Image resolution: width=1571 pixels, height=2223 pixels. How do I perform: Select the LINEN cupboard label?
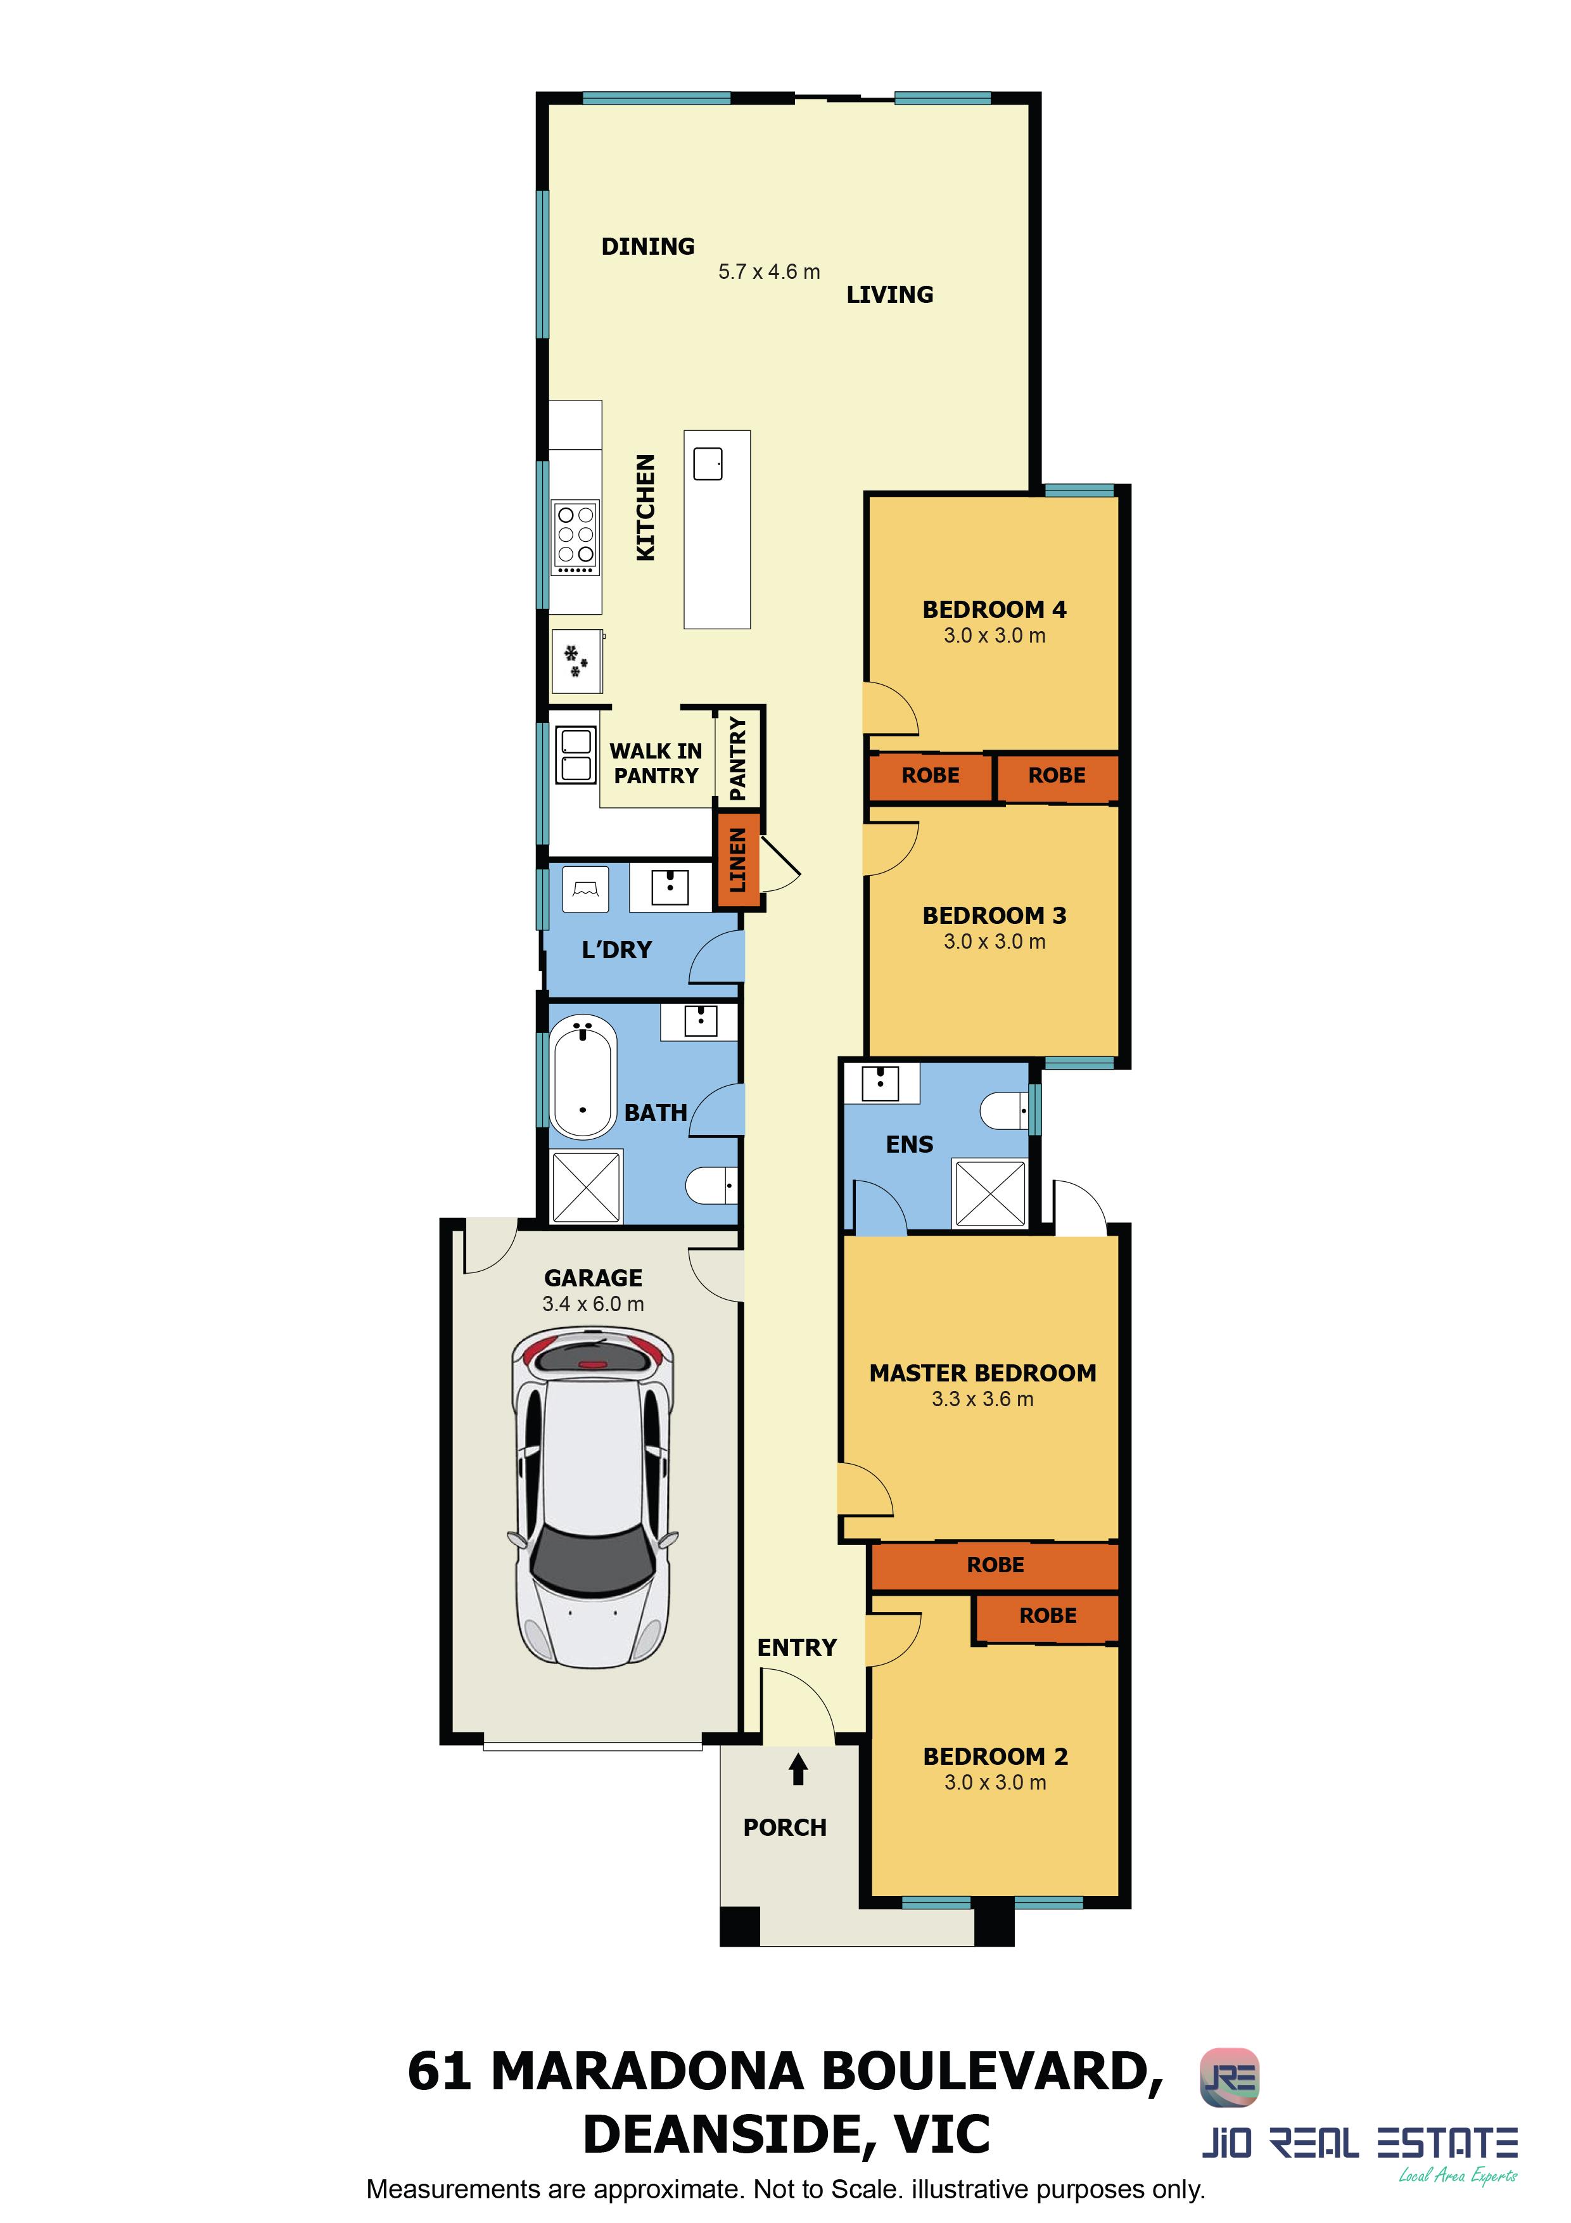(737, 860)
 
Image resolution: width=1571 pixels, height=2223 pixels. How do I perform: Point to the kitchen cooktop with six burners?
(576, 537)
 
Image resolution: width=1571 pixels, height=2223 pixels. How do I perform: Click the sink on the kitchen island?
(708, 464)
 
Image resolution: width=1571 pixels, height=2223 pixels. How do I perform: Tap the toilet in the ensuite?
(1005, 1110)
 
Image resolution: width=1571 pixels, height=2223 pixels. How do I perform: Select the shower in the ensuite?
(989, 1193)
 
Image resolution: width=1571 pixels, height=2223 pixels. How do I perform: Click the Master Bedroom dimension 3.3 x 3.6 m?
(983, 1399)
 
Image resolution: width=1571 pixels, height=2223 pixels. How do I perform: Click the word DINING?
(647, 247)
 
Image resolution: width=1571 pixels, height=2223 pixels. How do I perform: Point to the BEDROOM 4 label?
(994, 610)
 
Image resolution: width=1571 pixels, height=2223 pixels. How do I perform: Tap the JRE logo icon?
(1230, 2078)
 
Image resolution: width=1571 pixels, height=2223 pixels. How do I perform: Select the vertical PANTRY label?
(737, 758)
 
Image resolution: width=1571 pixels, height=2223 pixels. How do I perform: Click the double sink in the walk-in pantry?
(575, 755)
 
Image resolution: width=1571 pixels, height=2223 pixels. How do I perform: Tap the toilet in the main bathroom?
(711, 1185)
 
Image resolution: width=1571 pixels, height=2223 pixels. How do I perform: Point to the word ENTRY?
(797, 1648)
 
